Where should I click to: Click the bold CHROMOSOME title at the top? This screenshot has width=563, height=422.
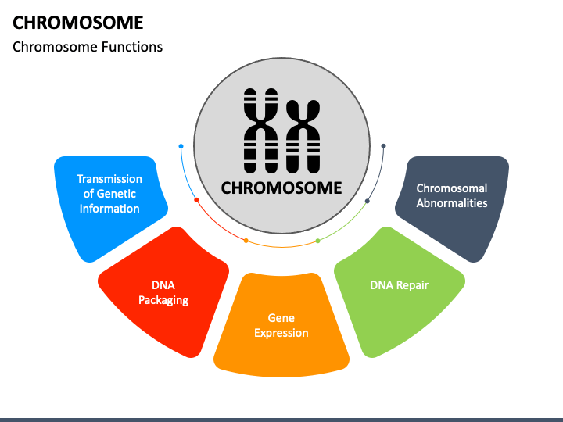[x=78, y=23]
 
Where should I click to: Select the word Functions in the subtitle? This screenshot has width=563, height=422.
[x=132, y=47]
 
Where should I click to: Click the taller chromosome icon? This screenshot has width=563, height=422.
[x=260, y=131]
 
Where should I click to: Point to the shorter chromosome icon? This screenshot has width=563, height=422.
[x=303, y=137]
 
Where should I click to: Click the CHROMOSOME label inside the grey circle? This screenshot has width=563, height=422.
[x=281, y=188]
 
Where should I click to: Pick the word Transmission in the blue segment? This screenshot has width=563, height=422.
[x=109, y=179]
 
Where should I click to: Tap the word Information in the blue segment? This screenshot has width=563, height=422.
[x=109, y=209]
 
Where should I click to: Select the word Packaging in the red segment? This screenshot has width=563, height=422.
[x=163, y=300]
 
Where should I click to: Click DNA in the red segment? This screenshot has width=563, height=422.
[x=163, y=285]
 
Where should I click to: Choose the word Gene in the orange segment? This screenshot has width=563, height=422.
[x=281, y=318]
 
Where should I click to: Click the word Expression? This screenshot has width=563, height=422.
[x=281, y=333]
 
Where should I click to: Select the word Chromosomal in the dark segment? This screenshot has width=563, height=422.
[x=452, y=188]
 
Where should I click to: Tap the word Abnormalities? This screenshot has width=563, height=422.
[x=452, y=203]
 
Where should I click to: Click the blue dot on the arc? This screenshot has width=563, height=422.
[x=181, y=146]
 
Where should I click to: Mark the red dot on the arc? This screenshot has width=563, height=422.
[x=196, y=200]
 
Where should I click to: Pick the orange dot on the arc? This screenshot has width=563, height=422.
[x=246, y=241]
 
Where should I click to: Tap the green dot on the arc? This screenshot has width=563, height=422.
[x=317, y=241]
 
